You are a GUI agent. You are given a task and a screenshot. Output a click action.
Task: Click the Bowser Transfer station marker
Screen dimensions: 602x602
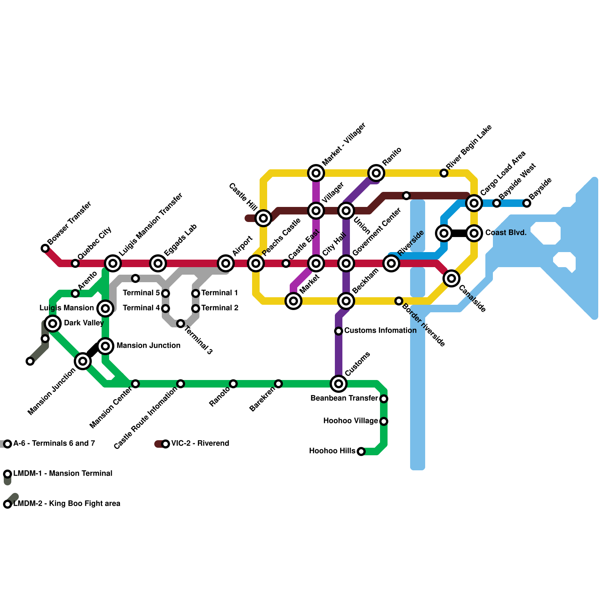point(45,248)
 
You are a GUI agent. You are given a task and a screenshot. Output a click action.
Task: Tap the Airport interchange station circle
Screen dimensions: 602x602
point(226,263)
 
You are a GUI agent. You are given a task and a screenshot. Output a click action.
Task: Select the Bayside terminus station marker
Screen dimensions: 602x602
point(527,203)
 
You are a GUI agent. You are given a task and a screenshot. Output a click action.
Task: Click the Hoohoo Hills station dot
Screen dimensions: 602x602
point(361,451)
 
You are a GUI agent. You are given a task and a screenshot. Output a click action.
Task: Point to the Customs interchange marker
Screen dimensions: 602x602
point(339,384)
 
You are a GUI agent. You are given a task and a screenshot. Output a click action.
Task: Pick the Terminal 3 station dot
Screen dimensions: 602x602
point(181,324)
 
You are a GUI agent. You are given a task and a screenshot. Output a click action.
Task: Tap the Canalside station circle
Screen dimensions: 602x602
point(451,278)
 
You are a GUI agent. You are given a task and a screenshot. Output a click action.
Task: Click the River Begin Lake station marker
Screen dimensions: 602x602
point(444,173)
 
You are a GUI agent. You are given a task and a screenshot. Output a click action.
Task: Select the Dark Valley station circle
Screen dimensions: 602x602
point(53,323)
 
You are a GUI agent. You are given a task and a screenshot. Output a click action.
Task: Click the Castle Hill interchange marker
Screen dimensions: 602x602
point(263,218)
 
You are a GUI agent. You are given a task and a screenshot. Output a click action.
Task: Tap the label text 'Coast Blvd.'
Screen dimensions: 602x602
point(506,233)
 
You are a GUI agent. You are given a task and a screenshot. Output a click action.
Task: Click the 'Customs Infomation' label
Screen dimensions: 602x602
point(380,331)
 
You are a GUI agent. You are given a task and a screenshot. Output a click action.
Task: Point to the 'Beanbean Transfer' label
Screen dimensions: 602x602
point(344,398)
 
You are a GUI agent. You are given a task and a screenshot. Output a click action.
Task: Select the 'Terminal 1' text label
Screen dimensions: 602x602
point(220,293)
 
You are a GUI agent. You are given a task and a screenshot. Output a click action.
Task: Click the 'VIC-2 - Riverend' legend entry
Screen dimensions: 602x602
point(200,444)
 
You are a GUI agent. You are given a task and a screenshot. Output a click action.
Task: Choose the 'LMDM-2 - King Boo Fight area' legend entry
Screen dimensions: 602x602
point(67,504)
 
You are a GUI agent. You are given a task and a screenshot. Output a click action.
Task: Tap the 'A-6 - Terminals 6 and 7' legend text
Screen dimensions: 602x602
point(54,444)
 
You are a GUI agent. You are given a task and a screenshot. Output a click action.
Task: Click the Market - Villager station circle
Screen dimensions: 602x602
point(316,173)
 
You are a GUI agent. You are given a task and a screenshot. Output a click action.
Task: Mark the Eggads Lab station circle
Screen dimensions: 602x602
point(158,263)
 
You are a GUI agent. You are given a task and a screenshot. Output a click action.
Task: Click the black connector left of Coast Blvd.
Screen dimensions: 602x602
point(459,233)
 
